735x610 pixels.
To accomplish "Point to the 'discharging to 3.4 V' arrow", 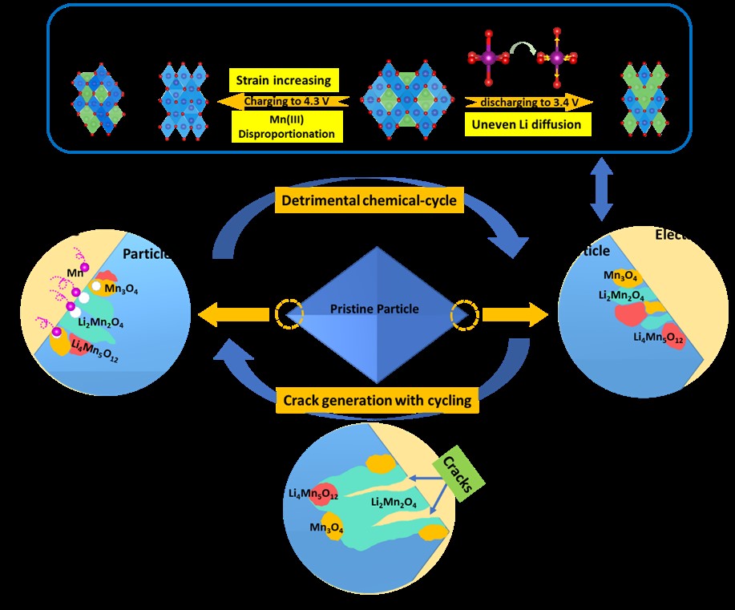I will tap(529, 102).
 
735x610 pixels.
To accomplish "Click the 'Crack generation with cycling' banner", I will tap(377, 399).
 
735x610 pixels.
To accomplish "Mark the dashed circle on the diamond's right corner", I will tap(463, 315).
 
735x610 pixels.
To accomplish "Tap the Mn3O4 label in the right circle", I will tap(620, 277).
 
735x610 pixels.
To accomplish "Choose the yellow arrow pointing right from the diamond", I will tap(514, 315).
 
